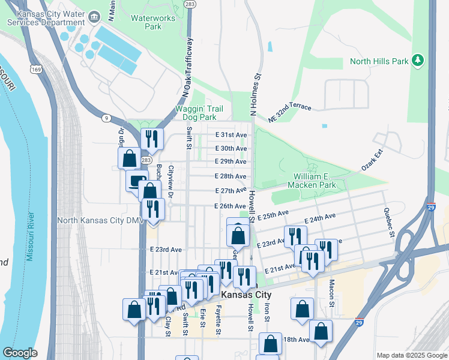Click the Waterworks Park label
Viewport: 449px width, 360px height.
click(153, 22)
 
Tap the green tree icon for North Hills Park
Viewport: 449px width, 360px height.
click(418, 61)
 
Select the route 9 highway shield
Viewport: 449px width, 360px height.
click(106, 118)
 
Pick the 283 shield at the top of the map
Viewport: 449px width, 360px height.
click(190, 4)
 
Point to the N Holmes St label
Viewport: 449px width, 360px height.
click(254, 94)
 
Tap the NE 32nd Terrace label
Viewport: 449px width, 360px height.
click(290, 112)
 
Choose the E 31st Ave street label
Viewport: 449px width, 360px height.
click(231, 135)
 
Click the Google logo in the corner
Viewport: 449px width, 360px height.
click(20, 353)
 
